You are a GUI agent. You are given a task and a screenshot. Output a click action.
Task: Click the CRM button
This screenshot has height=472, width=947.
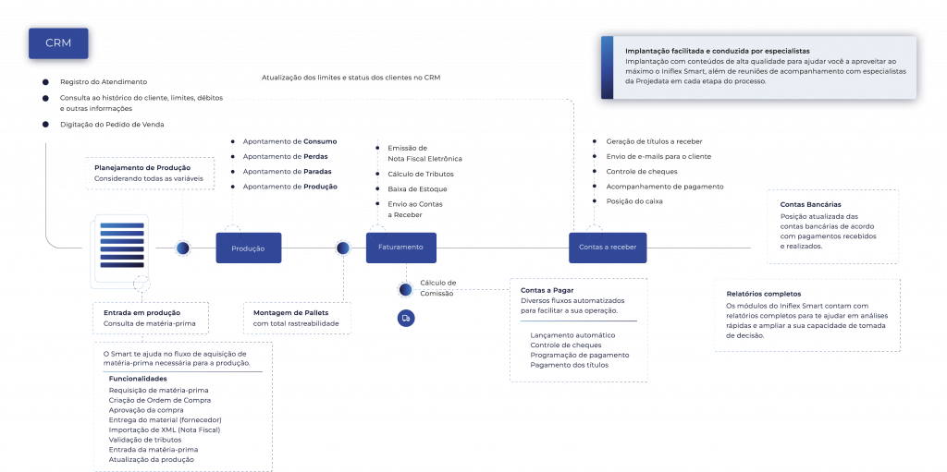click(x=58, y=42)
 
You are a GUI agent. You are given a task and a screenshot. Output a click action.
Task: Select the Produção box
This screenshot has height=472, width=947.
click(x=248, y=248)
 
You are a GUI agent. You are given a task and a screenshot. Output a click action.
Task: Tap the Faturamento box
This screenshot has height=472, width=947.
click(x=400, y=248)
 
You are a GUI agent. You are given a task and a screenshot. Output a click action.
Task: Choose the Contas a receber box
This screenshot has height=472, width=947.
click(x=608, y=248)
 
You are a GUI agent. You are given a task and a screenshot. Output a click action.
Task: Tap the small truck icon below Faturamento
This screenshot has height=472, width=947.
click(x=405, y=318)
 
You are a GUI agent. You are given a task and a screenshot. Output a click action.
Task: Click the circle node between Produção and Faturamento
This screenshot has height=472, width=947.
click(x=343, y=248)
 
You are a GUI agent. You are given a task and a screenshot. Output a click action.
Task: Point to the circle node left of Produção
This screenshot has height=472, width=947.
click(x=183, y=248)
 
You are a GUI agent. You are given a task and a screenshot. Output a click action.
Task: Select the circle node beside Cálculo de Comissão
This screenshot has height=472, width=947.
click(x=405, y=289)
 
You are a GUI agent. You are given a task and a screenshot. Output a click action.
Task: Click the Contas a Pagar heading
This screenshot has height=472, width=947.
click(x=542, y=290)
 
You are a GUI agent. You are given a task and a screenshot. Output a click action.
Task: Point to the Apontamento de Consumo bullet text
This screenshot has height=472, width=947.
click(x=289, y=141)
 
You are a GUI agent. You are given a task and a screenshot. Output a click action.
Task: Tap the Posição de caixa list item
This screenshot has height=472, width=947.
click(x=634, y=200)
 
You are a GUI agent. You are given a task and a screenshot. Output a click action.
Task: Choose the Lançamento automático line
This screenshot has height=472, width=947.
click(x=573, y=334)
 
